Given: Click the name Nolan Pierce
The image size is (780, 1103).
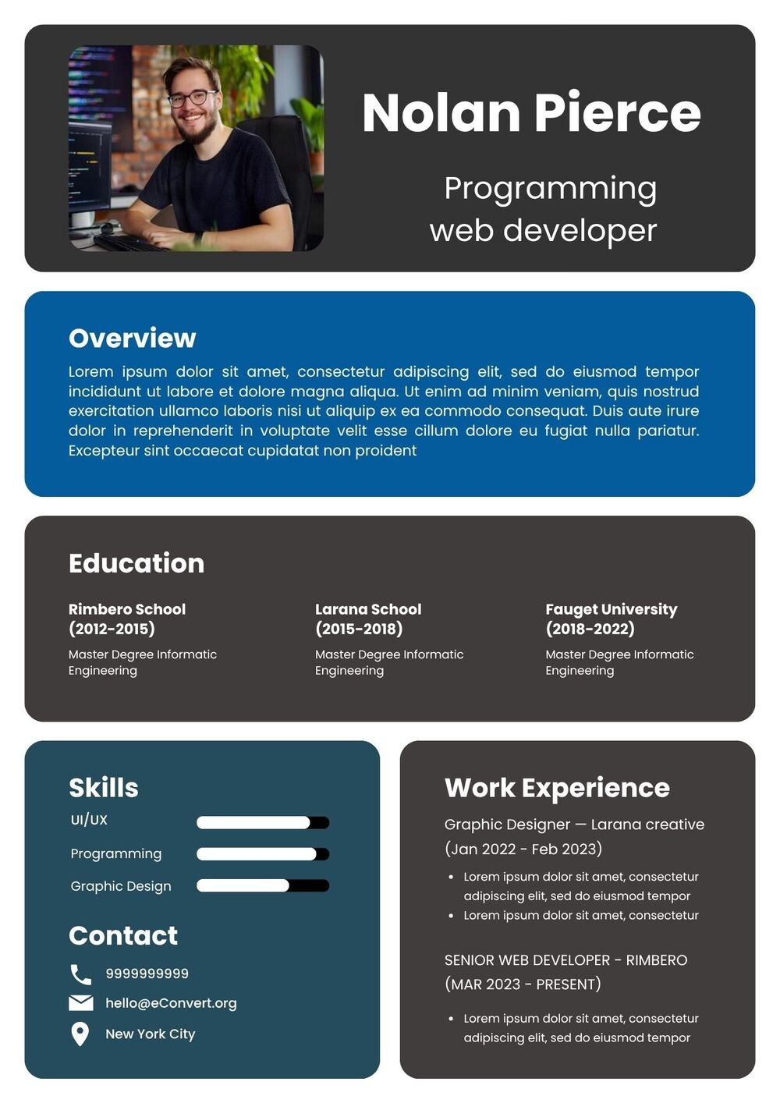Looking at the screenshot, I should click(531, 113).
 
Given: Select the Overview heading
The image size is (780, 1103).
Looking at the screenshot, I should click(132, 338).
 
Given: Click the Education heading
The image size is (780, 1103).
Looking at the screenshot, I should click(136, 563).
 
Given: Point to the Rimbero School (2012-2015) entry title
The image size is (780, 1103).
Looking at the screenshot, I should click(127, 619).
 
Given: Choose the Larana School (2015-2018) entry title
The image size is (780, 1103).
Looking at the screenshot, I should click(368, 619).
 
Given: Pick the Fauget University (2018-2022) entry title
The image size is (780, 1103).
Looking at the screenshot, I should click(611, 619).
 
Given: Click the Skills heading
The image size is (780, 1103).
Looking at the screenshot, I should click(104, 788).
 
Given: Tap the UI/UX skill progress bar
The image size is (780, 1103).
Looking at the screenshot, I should click(263, 822).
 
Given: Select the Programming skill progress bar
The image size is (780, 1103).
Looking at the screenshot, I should click(263, 854).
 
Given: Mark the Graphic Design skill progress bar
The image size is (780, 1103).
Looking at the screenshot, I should click(263, 885).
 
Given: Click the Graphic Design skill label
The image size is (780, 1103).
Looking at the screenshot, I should click(121, 886).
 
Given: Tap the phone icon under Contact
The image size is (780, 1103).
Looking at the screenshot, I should click(80, 974).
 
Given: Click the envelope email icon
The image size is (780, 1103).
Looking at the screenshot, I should click(81, 1002).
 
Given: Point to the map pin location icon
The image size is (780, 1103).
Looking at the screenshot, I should click(80, 1034).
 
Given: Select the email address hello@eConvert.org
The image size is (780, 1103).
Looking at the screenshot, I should click(171, 1003).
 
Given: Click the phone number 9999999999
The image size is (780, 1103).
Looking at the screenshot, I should click(147, 974).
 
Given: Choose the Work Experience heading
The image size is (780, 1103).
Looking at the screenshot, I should click(557, 788).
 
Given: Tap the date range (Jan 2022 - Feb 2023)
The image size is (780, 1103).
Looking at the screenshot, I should click(523, 849).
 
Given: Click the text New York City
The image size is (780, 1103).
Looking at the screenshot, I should click(151, 1034).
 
